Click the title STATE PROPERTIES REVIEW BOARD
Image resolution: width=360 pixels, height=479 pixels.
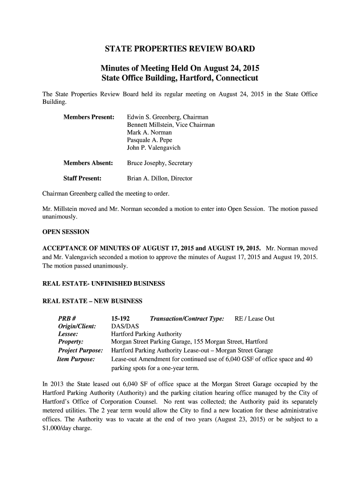click(180, 49)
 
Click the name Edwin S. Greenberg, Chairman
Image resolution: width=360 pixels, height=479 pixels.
click(167, 116)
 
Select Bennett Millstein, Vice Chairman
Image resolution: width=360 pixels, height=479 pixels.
click(171, 124)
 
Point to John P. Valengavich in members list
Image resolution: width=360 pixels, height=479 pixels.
click(153, 148)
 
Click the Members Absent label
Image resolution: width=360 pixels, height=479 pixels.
click(88, 163)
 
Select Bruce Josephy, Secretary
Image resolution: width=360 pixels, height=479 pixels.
click(159, 163)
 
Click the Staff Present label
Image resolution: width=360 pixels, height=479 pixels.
click(83, 178)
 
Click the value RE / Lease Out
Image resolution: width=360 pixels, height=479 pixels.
click(254, 319)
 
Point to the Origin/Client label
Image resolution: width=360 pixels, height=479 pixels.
click(77, 327)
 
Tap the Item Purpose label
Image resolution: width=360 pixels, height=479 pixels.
click(76, 359)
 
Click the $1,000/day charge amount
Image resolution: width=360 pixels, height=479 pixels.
click(50, 428)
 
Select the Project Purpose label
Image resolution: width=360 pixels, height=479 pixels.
click(80, 351)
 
